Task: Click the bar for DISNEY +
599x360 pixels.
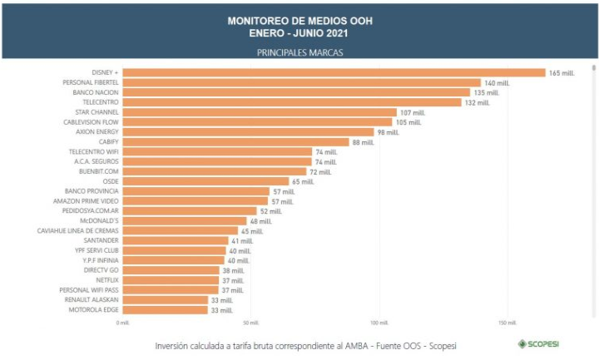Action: tap(333, 73)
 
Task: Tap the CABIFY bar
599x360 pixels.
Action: tap(235, 142)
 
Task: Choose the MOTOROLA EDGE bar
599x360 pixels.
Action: tap(165, 310)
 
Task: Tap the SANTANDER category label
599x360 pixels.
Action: tap(101, 240)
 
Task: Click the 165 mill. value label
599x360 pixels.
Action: tap(562, 73)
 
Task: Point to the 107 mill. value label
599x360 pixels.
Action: tap(412, 112)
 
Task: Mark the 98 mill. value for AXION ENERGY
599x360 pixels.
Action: tap(388, 132)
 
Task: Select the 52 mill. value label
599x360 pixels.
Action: tap(270, 211)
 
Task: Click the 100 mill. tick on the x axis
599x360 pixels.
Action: tap(379, 323)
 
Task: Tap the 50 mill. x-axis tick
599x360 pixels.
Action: tap(251, 323)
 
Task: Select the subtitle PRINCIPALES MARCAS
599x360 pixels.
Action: tap(299, 52)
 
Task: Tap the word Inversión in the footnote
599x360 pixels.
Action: tap(173, 345)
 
